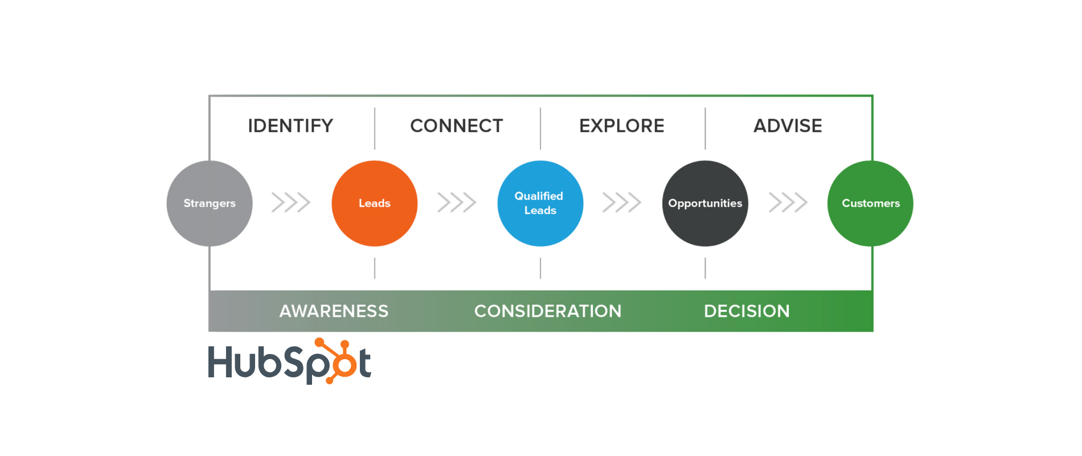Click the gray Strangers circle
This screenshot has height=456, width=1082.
pyautogui.click(x=210, y=203)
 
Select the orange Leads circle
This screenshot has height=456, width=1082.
pyautogui.click(x=375, y=203)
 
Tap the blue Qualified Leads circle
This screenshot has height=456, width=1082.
pyautogui.click(x=540, y=203)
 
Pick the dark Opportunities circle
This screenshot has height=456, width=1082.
pyautogui.click(x=705, y=203)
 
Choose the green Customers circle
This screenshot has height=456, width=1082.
pyautogui.click(x=870, y=203)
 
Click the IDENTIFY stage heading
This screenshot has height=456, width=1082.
pyautogui.click(x=290, y=126)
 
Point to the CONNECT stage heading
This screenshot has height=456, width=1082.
pyautogui.click(x=457, y=126)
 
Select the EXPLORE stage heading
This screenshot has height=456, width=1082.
pyautogui.click(x=622, y=126)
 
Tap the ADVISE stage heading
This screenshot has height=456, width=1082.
pyautogui.click(x=788, y=126)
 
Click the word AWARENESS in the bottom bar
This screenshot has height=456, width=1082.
pyautogui.click(x=334, y=311)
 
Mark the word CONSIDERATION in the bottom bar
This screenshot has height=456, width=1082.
pyautogui.click(x=548, y=311)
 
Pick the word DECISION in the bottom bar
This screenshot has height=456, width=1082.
pyautogui.click(x=747, y=311)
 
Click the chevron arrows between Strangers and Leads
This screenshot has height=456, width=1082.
pyautogui.click(x=291, y=202)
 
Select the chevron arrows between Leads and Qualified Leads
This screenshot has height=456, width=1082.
pyautogui.click(x=457, y=202)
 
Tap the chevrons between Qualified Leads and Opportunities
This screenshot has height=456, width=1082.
pyautogui.click(x=622, y=202)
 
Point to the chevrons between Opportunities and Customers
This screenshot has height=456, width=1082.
pyautogui.click(x=788, y=202)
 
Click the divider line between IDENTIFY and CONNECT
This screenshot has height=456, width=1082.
pyautogui.click(x=375, y=128)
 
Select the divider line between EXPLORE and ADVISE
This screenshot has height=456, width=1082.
pyautogui.click(x=705, y=128)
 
